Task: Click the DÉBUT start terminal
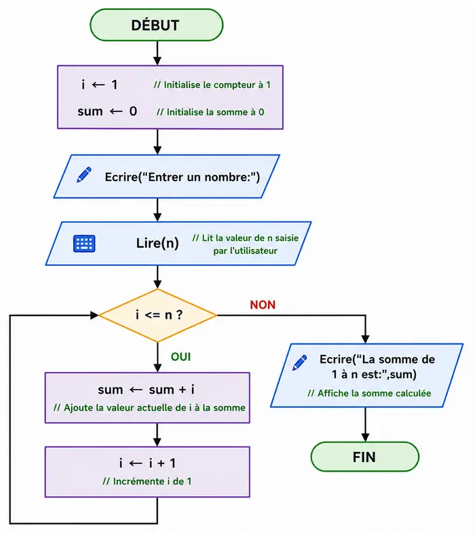coord(157,25)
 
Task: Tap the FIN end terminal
coord(364,457)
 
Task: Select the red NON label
coord(263,305)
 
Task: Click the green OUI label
coord(180,357)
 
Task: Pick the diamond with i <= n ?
coord(157,316)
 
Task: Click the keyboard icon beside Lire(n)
coord(84,244)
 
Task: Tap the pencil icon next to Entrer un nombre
coord(83,174)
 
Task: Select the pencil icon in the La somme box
coord(300,363)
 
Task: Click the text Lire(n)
coord(157,243)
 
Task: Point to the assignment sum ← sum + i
coord(146,389)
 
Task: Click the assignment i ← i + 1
coord(147,463)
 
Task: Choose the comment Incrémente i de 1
coord(147,481)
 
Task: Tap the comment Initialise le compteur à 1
coord(212,85)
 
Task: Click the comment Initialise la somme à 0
coord(210,112)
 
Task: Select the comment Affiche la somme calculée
coord(369,394)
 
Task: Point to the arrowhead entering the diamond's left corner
coord(94,316)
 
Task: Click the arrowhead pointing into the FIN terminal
coord(365,438)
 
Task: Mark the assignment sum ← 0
coord(107,111)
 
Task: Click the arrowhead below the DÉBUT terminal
coord(157,61)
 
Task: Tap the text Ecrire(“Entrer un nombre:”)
coord(182,177)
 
